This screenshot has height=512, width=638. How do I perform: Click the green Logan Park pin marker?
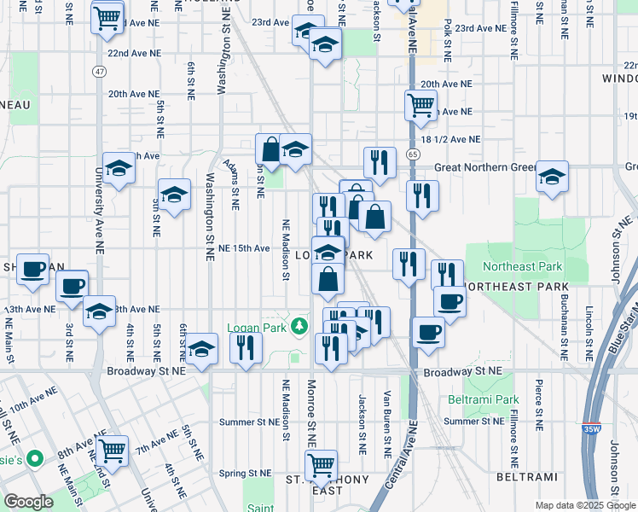pyautogui.click(x=299, y=325)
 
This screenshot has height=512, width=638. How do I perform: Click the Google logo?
pyautogui.click(x=28, y=502)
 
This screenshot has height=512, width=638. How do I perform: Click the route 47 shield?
pyautogui.click(x=101, y=71)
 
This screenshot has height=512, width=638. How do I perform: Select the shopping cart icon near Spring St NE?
pyautogui.click(x=321, y=464)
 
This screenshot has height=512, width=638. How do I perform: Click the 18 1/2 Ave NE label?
pyautogui.click(x=451, y=140)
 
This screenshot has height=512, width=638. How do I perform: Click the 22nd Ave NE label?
pyautogui.click(x=134, y=53)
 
